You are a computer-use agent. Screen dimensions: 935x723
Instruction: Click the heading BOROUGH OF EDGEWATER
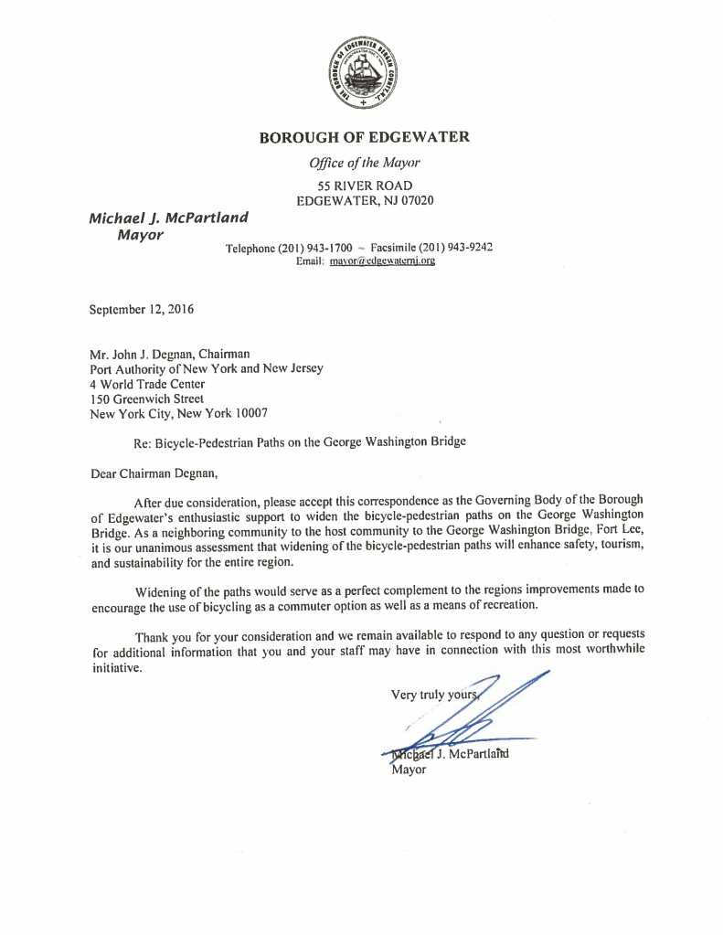[364, 138]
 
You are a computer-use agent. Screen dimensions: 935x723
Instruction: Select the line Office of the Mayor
[364, 164]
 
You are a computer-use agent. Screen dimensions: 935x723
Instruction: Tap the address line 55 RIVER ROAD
[364, 186]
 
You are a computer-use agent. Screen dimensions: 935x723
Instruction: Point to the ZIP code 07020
[415, 200]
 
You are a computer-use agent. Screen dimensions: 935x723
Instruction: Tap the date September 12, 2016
[142, 310]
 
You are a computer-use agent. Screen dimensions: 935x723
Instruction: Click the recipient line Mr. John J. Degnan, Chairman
[170, 355]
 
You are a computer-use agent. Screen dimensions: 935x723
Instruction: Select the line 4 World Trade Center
[147, 384]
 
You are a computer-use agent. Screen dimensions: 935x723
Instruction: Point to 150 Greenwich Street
[147, 398]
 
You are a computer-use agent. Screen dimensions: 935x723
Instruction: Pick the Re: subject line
[300, 441]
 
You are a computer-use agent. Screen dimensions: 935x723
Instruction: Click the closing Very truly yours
[434, 695]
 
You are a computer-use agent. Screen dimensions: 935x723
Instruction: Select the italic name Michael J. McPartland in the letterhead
[168, 218]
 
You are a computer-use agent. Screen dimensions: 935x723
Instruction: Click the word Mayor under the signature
[408, 770]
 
